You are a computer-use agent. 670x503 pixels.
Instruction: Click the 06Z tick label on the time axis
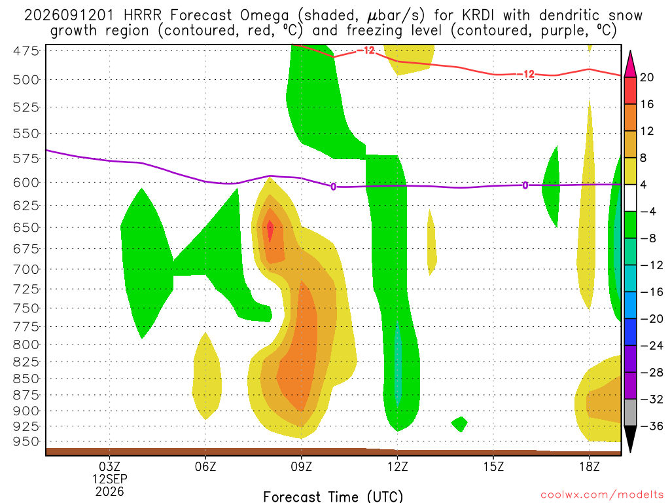(205, 466)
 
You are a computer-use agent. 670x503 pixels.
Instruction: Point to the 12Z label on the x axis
(397, 466)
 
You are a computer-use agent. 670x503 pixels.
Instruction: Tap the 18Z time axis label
(590, 466)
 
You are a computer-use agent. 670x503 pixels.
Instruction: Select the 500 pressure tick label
(26, 80)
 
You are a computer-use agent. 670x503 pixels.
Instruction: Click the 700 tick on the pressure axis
(26, 269)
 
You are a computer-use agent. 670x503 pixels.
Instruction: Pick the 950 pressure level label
(26, 441)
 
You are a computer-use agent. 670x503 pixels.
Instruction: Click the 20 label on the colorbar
(647, 77)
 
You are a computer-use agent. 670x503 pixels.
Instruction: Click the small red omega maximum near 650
(270, 231)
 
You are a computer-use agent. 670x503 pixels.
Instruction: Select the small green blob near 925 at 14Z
(460, 424)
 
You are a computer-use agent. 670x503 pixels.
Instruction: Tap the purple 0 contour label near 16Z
(525, 185)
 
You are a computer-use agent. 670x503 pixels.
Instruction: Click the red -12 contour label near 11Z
(365, 50)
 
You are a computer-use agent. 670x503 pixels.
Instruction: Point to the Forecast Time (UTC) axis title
(333, 496)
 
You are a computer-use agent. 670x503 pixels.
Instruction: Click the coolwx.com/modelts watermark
(602, 495)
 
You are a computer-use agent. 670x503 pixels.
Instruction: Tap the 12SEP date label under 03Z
(110, 479)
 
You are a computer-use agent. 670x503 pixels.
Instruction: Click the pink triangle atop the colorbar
(630, 64)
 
